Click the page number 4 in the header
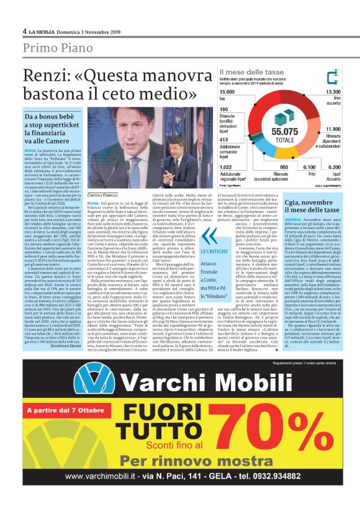pos(24,31)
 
